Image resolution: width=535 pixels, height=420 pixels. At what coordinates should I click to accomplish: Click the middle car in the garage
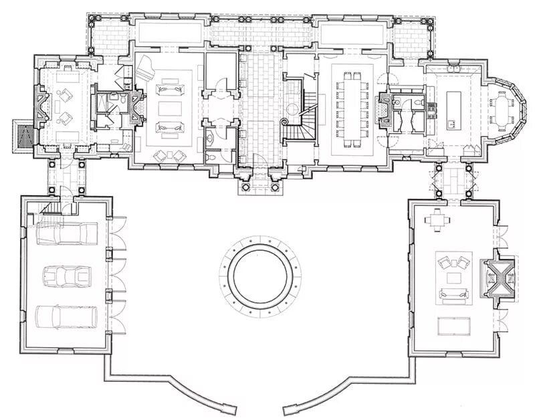(66, 276)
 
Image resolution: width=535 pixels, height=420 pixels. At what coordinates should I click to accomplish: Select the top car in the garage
(66, 234)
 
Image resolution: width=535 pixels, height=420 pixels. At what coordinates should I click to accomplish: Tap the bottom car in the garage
(66, 316)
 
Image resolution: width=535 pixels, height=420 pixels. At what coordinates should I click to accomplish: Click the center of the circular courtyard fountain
(259, 276)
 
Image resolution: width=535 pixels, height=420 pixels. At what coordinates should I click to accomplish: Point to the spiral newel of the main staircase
(285, 123)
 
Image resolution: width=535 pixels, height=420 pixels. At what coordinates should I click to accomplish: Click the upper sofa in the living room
(167, 90)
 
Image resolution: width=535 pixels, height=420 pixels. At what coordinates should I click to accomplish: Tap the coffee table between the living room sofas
(167, 108)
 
